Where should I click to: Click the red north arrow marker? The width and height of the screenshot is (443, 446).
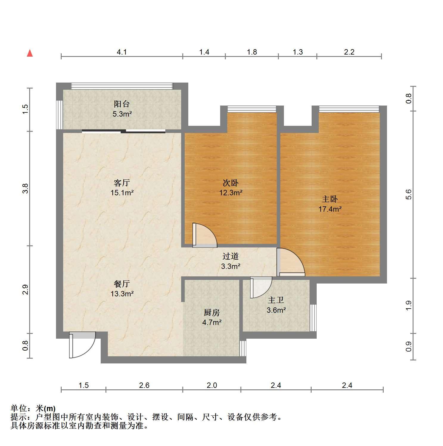point(30,53)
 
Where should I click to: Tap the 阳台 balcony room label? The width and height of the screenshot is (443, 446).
point(122,104)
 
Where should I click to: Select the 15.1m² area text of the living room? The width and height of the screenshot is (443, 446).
point(122,193)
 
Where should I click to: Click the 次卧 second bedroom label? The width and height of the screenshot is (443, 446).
point(231,183)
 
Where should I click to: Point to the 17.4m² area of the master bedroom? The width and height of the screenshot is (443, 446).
point(330,209)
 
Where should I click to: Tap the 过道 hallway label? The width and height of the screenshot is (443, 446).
point(231,256)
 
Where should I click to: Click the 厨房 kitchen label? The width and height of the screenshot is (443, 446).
point(212,312)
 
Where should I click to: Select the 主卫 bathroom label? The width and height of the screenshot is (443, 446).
point(276,300)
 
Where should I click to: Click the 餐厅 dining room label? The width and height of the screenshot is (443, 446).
point(122,284)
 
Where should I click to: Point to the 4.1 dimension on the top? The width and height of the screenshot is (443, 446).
point(122,52)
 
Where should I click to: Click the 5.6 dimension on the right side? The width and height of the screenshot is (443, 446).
point(409,194)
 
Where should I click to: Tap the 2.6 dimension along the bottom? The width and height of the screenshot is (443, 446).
point(144,385)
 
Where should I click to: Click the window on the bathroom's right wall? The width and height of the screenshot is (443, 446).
point(313,318)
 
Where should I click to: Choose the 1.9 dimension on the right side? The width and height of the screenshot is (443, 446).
point(409,306)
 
